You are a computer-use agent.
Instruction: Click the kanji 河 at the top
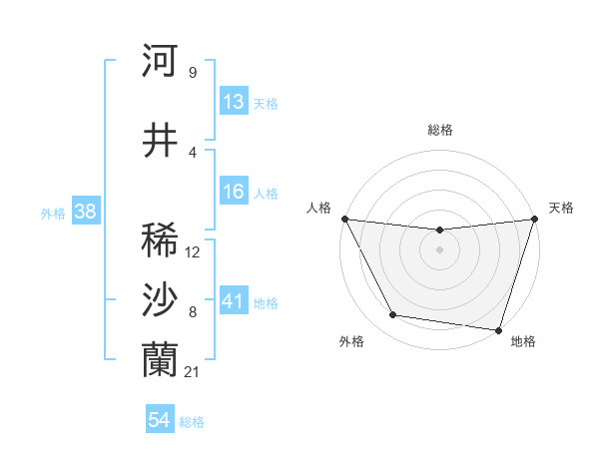click(x=160, y=61)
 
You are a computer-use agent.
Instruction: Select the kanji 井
click(x=160, y=141)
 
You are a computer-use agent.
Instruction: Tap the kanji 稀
click(x=160, y=240)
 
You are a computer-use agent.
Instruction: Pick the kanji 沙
click(x=160, y=299)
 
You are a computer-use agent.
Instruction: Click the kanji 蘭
click(x=160, y=359)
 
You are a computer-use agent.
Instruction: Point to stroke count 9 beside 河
click(x=192, y=72)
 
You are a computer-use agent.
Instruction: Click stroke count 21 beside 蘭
click(x=193, y=371)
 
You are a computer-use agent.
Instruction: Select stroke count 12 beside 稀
click(x=193, y=251)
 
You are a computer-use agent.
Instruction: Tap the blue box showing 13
click(x=234, y=102)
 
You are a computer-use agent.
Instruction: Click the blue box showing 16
click(x=234, y=192)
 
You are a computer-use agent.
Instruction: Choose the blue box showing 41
click(x=234, y=301)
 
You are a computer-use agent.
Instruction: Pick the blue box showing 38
click(x=86, y=212)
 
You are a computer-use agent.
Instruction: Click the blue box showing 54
click(x=160, y=421)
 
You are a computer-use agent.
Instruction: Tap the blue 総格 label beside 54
click(x=192, y=422)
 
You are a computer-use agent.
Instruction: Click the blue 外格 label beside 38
click(x=53, y=213)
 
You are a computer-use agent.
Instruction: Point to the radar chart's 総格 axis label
click(x=439, y=130)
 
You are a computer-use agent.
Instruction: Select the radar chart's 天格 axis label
click(x=561, y=208)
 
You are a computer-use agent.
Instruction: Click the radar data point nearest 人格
click(x=344, y=219)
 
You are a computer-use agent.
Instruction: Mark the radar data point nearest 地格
click(x=498, y=329)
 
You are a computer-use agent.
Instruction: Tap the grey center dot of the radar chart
click(x=439, y=249)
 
